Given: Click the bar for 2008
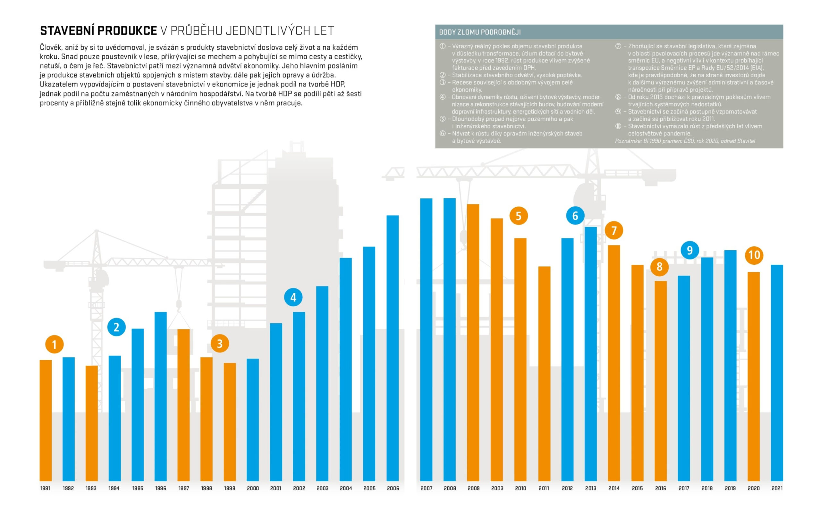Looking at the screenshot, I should [450, 339].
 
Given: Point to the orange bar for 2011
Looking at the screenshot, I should [544, 374].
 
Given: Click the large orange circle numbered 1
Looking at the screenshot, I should [54, 344].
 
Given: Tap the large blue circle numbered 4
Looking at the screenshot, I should [293, 297].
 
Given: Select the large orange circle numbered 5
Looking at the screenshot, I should [519, 216].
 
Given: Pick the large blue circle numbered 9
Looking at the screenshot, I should [690, 250].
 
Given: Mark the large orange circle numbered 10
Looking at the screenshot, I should [754, 255].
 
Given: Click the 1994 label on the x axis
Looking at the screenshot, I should [114, 488].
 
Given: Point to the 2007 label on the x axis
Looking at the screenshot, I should [427, 488].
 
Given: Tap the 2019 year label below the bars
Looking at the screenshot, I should [730, 488].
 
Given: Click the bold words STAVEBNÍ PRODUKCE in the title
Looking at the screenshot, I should [98, 31].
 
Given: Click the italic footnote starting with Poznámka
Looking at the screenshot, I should [685, 141].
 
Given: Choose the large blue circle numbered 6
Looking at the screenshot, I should [575, 215].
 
